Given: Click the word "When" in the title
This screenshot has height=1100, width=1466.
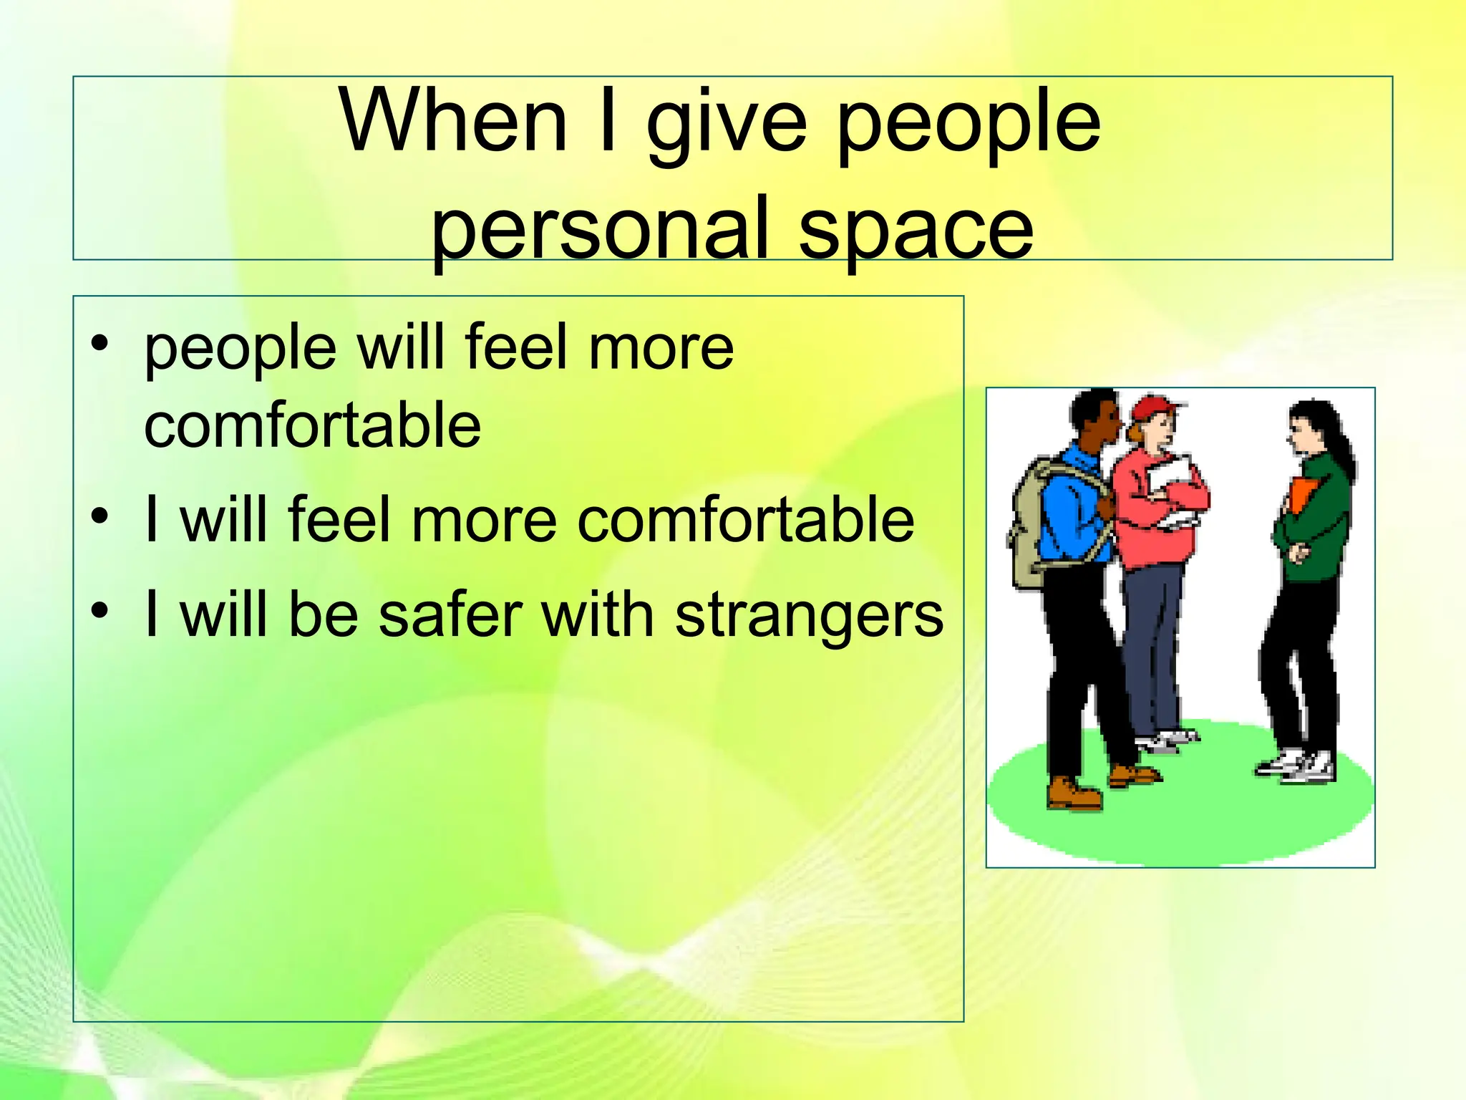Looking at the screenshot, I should [x=454, y=120].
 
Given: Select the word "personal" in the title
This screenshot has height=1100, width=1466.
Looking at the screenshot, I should [x=600, y=228].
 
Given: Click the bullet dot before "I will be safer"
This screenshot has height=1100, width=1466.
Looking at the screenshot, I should [x=100, y=609].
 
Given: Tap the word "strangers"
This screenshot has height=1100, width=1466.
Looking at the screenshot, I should [x=809, y=615].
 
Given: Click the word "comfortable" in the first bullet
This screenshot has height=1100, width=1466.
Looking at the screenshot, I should [x=313, y=425].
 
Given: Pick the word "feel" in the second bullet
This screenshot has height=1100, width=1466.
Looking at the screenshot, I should [x=339, y=518].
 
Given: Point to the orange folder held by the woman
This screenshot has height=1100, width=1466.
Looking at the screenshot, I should [x=1302, y=494].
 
